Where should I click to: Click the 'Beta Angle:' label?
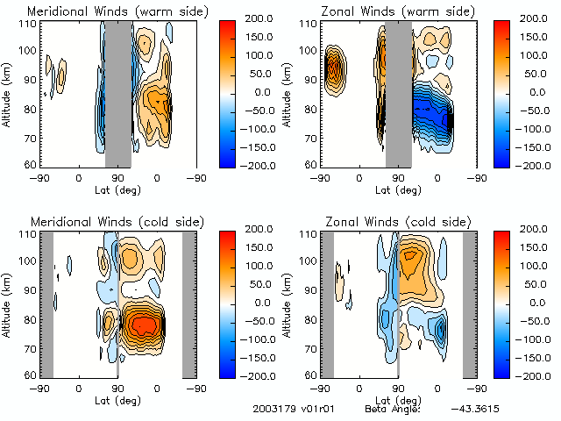(x=393, y=409)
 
